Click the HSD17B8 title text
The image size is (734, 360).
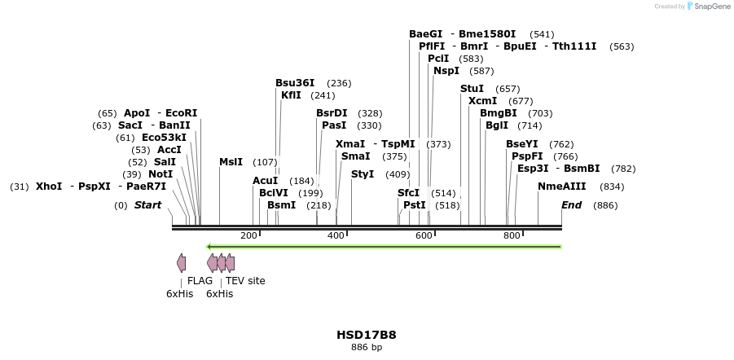367,335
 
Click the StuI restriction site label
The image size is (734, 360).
472,88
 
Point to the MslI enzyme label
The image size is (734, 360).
231,162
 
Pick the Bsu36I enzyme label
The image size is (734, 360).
295,83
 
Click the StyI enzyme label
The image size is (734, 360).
363,174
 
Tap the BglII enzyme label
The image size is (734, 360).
496,125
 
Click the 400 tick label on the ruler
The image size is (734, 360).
336,235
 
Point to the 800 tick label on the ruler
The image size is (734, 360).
512,235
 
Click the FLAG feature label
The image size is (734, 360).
200,281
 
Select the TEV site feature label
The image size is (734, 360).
245,281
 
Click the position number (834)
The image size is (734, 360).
612,187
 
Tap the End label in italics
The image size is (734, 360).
571,205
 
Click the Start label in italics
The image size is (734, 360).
147,205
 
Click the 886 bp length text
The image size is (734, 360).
367,348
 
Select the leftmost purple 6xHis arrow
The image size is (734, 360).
181,262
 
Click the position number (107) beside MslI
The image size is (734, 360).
265,162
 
